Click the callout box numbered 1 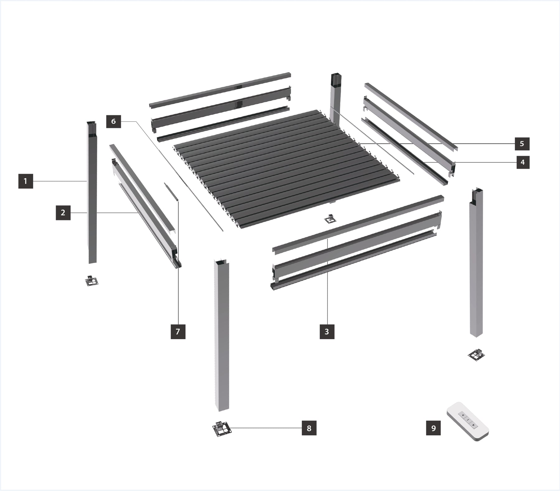point(26,181)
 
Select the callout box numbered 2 point(63,213)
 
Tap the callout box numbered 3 point(327,332)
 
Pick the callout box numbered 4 point(523,162)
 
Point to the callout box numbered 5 point(522,144)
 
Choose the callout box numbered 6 point(114,121)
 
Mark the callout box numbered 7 point(178,332)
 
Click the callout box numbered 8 point(309,428)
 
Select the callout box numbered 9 point(433,428)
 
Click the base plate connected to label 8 point(222,429)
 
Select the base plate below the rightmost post point(477,355)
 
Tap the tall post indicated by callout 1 point(92,193)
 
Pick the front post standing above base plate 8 point(222,335)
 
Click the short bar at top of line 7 point(171,192)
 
